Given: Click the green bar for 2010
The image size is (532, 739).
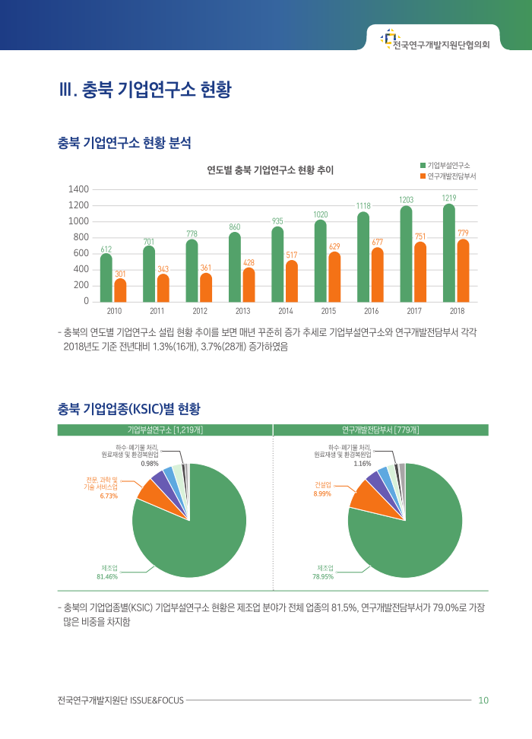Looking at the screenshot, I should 106,277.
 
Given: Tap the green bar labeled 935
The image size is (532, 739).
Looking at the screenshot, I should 277,264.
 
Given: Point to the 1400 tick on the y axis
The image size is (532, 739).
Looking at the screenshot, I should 79,189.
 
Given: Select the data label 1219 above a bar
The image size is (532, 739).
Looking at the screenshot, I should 448,198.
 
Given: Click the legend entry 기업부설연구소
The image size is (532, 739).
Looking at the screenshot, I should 448,165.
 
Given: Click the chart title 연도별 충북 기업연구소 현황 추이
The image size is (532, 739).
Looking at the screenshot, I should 271,170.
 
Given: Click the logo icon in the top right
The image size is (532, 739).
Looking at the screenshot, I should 389,36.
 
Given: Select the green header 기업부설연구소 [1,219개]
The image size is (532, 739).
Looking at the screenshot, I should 165,430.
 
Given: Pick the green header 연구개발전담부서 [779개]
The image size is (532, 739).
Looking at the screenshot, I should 381,430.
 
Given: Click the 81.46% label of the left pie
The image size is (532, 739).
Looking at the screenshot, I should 106,576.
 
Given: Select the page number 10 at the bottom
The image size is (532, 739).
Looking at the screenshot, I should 483,700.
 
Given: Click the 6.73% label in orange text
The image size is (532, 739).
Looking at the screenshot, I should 109,495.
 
